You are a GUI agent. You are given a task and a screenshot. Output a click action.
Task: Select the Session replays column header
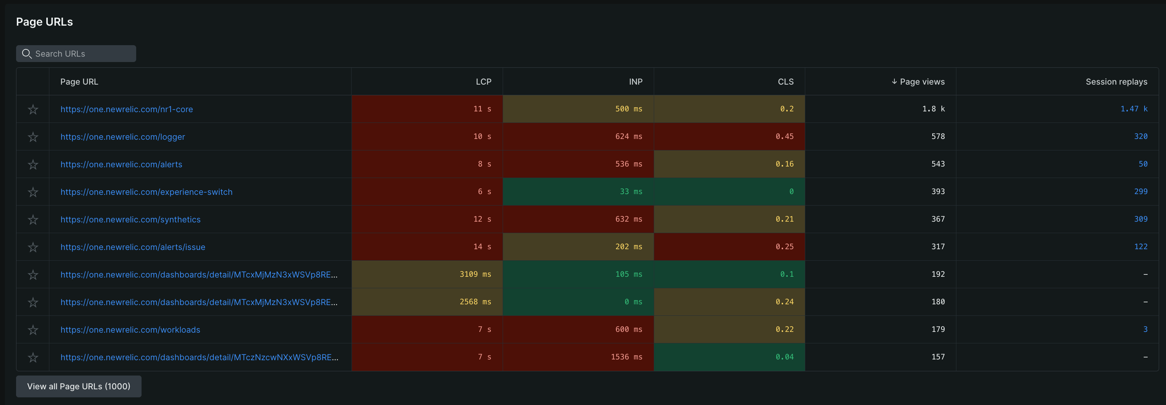(x=1116, y=82)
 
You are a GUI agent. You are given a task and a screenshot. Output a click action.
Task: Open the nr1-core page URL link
(x=127, y=109)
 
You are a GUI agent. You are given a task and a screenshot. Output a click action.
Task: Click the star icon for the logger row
(x=33, y=137)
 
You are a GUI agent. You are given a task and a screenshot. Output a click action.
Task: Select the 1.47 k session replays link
(x=1133, y=109)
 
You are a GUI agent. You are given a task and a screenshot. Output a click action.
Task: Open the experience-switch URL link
(x=146, y=192)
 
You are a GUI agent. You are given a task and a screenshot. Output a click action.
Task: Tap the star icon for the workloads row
(x=33, y=330)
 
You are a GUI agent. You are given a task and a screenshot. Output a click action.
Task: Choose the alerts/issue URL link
(x=133, y=247)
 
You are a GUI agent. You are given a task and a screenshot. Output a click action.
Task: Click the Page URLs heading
(x=44, y=22)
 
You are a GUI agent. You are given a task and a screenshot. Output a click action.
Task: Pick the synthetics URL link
(x=130, y=219)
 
